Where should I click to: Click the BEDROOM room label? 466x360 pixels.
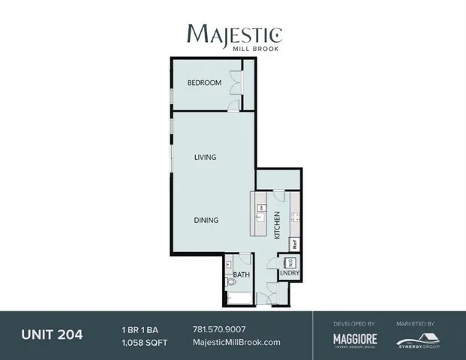tap(204, 82)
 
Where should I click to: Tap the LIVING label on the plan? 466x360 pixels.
tap(205, 157)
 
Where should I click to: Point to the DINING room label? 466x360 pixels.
tap(206, 220)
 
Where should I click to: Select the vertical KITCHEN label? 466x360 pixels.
tap(277, 225)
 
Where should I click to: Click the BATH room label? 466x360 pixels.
tap(241, 275)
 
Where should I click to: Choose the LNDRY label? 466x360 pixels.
tap(289, 274)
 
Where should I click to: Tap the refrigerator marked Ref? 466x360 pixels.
tap(295, 244)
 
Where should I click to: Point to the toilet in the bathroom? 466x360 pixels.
tap(230, 282)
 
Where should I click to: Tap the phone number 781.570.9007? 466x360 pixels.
tap(219, 329)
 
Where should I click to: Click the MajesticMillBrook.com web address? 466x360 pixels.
tap(236, 342)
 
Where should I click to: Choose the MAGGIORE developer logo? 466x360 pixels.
tap(355, 340)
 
